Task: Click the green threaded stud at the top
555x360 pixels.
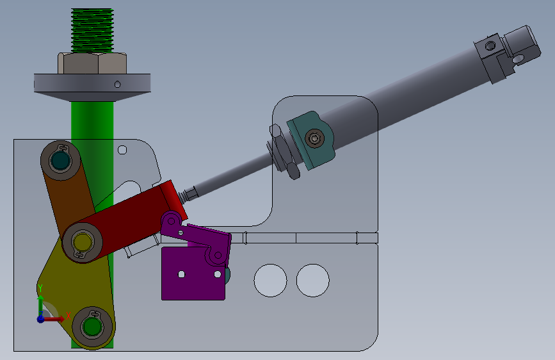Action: coord(92,31)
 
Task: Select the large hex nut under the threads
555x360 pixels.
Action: coord(92,63)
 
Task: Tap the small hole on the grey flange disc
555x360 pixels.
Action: coord(118,85)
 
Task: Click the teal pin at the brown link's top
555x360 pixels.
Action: coord(60,161)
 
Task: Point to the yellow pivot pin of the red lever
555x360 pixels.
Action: coord(83,242)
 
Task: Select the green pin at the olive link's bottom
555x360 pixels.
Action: coord(92,326)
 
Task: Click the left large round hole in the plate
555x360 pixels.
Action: coord(270,281)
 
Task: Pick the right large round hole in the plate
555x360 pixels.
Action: coord(313,281)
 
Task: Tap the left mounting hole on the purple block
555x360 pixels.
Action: coord(181,274)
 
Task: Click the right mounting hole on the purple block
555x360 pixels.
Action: coord(218,274)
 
